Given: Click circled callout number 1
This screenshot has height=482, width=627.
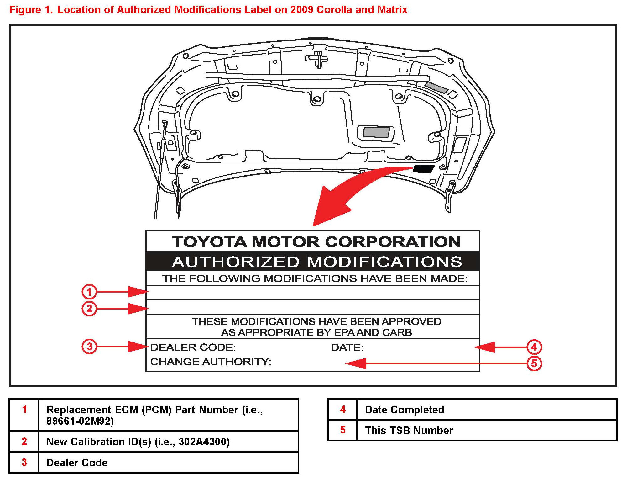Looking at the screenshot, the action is click(x=89, y=292).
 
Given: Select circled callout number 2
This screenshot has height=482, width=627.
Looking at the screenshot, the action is click(x=89, y=308).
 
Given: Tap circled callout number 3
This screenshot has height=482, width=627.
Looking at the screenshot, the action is click(x=89, y=347).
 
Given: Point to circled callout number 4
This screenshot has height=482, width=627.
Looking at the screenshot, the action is click(x=534, y=347).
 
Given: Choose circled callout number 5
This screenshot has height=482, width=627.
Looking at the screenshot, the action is click(x=534, y=363).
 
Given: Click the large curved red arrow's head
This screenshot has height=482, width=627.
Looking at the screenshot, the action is click(x=329, y=205).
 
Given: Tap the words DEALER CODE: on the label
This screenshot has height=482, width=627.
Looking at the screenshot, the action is click(x=193, y=347).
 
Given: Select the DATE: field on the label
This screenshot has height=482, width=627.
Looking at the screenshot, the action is click(x=347, y=347).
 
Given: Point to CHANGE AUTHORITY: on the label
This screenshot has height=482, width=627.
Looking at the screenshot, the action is click(x=211, y=362).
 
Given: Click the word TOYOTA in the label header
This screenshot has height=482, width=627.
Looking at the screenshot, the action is click(x=210, y=242).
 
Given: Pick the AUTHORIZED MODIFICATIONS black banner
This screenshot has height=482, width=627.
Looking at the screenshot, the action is click(x=313, y=261).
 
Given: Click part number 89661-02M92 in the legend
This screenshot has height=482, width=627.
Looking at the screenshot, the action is click(x=80, y=421).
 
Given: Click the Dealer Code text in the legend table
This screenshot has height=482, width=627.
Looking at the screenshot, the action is click(x=77, y=463).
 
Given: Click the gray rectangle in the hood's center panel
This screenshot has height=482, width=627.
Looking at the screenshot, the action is click(x=376, y=132).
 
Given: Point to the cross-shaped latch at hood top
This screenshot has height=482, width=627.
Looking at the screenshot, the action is click(x=317, y=59).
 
